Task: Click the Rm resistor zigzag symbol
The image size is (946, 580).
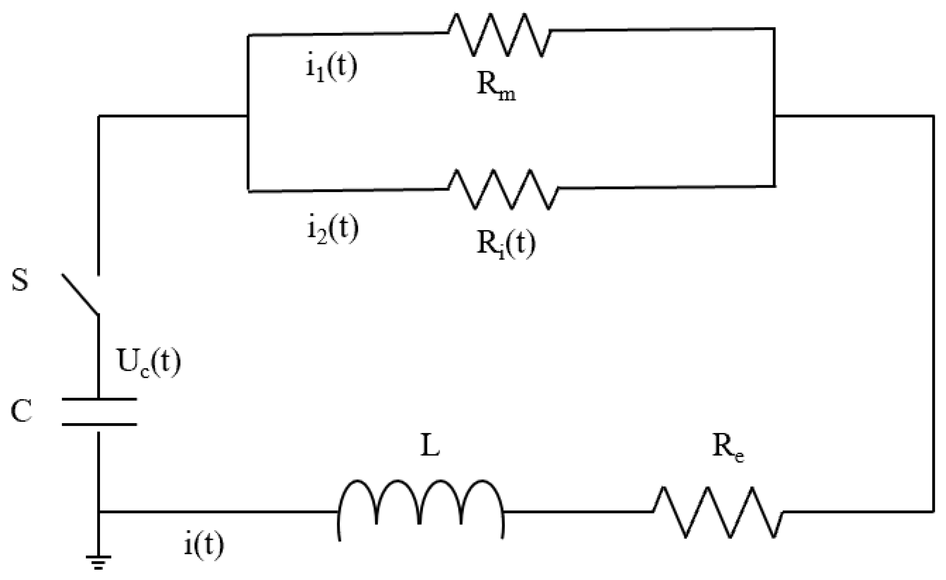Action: pos(499,34)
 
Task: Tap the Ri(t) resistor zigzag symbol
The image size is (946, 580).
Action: pos(503,189)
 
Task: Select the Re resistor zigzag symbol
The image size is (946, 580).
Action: pos(718,512)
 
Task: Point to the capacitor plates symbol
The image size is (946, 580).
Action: pos(99,412)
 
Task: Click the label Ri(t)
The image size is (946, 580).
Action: pos(506,245)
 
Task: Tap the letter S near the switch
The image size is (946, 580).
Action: pos(20,280)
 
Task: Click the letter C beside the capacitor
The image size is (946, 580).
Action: pos(21,411)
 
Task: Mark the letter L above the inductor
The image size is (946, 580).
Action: pos(430,448)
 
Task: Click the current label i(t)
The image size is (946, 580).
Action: pos(204,545)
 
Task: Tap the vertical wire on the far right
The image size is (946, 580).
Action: pos(933,316)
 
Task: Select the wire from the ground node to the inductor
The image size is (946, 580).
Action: pos(217,512)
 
